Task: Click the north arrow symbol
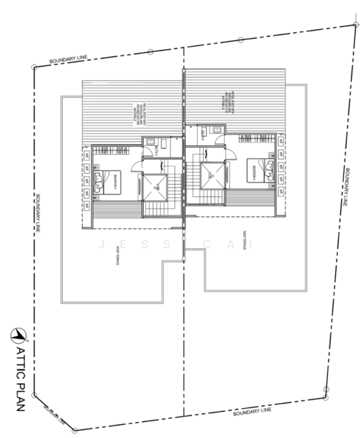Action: [18, 334]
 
